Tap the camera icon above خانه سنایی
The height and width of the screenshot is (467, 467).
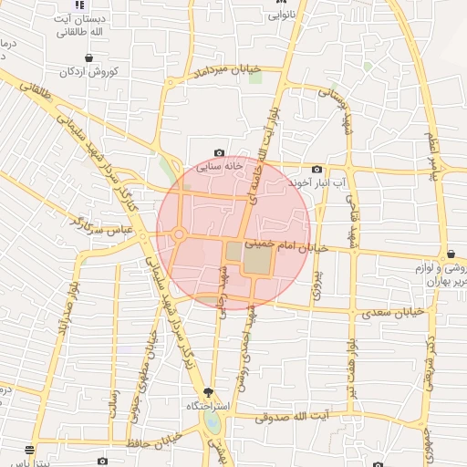pyautogui.click(x=219, y=152)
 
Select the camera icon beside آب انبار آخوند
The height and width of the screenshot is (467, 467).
pyautogui.click(x=317, y=169)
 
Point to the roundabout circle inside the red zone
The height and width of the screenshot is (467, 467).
pyautogui.click(x=179, y=235)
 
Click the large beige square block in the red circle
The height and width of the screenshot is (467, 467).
pyautogui.click(x=257, y=261)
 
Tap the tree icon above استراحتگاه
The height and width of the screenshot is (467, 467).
pyautogui.click(x=209, y=392)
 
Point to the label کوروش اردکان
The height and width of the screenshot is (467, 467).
pyautogui.click(x=88, y=71)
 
